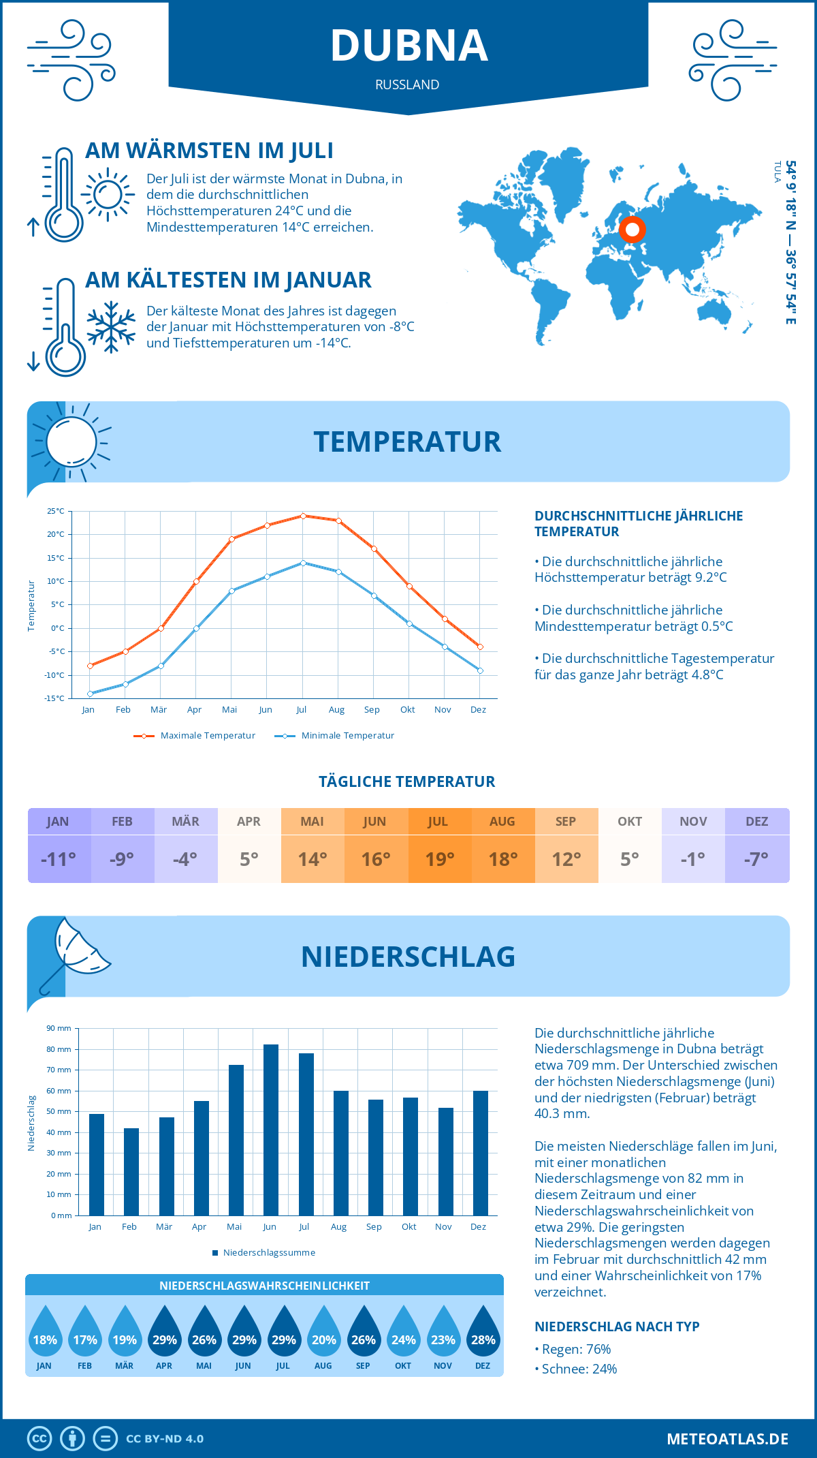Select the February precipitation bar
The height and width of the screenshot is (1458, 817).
click(x=131, y=1172)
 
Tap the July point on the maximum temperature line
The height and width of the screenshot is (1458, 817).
click(x=303, y=516)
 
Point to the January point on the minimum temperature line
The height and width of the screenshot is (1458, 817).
click(x=90, y=694)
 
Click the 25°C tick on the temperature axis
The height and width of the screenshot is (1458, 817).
click(x=56, y=511)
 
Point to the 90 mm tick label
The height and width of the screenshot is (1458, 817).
click(x=59, y=1028)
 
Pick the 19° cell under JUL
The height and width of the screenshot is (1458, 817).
click(x=440, y=859)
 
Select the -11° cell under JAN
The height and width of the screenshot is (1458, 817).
click(x=59, y=859)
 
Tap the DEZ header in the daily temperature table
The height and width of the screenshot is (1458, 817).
click(x=757, y=822)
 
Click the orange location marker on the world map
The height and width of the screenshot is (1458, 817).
click(x=632, y=230)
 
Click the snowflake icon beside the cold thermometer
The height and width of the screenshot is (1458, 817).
click(x=111, y=327)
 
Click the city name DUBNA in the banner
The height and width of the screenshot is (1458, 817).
click(x=409, y=46)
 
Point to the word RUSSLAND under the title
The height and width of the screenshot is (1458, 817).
click(x=407, y=84)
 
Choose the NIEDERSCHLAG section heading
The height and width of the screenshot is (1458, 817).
click(x=408, y=957)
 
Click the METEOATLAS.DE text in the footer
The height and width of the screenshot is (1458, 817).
click(x=727, y=1439)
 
